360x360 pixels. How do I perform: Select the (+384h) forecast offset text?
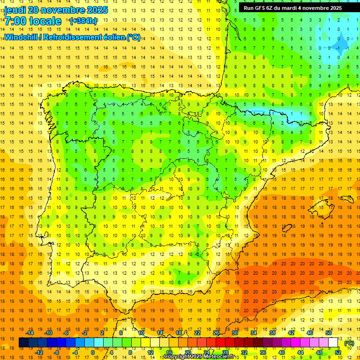(83, 21)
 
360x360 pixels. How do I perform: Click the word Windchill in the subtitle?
(21, 37)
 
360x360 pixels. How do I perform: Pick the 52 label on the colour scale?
(338, 352)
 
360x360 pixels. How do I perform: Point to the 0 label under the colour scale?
(92, 352)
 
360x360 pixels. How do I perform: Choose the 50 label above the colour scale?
(329, 333)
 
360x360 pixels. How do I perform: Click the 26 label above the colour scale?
(216, 333)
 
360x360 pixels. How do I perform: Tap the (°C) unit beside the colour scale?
(349, 343)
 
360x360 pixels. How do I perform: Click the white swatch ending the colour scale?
(333, 343)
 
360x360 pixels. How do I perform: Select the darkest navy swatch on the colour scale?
(23, 343)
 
